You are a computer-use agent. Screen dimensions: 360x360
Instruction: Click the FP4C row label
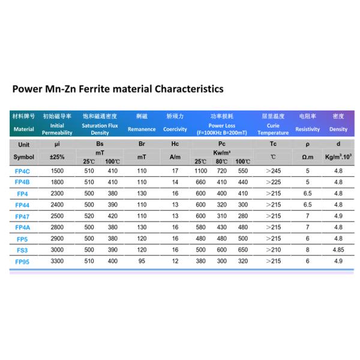(23, 171)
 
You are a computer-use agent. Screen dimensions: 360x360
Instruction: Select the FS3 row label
(22, 249)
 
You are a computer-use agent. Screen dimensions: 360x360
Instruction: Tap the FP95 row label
(23, 262)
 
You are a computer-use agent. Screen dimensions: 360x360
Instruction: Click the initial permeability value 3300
(57, 262)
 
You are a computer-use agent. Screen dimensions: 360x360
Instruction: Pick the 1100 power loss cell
(202, 171)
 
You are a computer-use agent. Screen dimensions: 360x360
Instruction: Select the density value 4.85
(338, 249)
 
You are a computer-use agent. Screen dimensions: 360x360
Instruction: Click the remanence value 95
(142, 262)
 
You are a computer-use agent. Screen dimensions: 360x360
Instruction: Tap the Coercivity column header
(175, 129)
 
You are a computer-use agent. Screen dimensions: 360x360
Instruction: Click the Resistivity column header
(308, 129)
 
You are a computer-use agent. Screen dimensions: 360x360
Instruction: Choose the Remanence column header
(142, 129)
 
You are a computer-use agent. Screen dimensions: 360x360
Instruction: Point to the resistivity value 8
(308, 249)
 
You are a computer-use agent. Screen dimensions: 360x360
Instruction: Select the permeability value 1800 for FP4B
(57, 182)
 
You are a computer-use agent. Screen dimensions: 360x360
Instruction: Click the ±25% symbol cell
(57, 157)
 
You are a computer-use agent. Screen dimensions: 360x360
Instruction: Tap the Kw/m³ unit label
(221, 154)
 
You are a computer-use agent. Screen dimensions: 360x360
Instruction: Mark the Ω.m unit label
(308, 157)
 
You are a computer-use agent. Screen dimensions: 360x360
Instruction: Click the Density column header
(338, 129)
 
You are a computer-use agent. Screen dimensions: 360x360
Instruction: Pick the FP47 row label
(23, 215)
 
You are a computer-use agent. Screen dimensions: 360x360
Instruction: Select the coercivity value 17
(175, 171)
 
